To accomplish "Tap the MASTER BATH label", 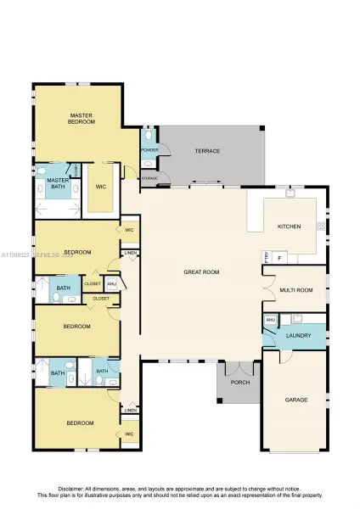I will pos(58,184).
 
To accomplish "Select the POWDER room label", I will pos(149,150).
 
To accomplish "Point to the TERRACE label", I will pos(207,151).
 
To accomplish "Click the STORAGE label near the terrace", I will pos(149,178).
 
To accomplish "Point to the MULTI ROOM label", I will pos(296,290).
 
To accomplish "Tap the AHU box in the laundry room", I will pos(270,320).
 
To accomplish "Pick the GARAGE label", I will pos(295,399).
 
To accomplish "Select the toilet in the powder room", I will pos(149,135).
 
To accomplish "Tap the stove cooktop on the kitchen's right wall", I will pos(321,226).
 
